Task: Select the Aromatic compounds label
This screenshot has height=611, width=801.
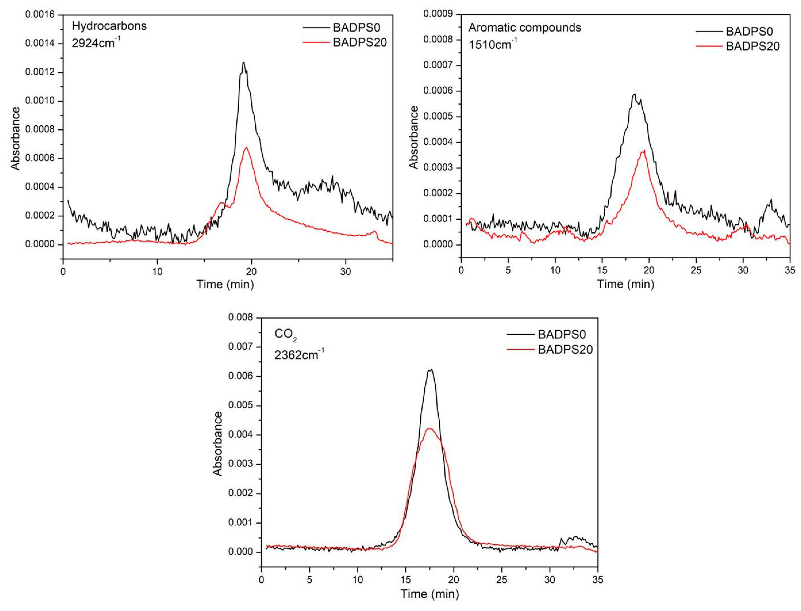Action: click(525, 28)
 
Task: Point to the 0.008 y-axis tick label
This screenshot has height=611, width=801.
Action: click(240, 317)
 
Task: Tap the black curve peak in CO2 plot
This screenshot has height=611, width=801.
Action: click(431, 370)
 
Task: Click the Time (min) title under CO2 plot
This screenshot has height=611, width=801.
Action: click(430, 594)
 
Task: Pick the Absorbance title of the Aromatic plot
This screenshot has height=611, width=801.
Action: click(414, 138)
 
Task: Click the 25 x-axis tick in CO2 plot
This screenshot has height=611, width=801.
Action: click(502, 580)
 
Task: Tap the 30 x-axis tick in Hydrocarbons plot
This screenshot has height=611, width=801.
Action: click(345, 272)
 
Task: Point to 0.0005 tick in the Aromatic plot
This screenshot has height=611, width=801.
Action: click(438, 117)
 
